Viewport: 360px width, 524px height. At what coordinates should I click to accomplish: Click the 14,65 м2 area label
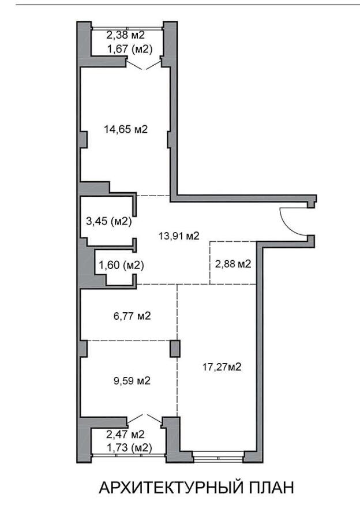[126, 129]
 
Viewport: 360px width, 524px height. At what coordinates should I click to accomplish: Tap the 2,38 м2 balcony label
[125, 35]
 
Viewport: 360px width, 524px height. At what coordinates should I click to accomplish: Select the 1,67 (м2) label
[130, 50]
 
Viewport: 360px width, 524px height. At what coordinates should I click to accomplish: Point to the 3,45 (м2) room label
[109, 221]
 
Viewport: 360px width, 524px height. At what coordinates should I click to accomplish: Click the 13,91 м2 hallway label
[179, 236]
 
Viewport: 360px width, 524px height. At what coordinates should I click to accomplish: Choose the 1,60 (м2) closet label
[121, 265]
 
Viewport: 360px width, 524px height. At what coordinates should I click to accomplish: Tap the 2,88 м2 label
[233, 264]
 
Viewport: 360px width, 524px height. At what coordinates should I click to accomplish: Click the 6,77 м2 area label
[132, 316]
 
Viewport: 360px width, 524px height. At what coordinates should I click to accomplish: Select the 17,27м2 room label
[222, 367]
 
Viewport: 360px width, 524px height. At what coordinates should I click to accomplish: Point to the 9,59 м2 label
[132, 381]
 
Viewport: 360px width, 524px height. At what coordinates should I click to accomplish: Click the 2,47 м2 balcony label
[125, 435]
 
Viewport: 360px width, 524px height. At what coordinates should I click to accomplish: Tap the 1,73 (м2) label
[129, 448]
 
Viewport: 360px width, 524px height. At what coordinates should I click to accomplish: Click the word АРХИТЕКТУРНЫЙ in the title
[171, 488]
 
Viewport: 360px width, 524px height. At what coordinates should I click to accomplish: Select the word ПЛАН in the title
[272, 488]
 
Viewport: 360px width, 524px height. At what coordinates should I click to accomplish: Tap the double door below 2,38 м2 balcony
[144, 65]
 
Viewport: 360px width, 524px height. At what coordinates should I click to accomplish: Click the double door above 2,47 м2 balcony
[144, 419]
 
